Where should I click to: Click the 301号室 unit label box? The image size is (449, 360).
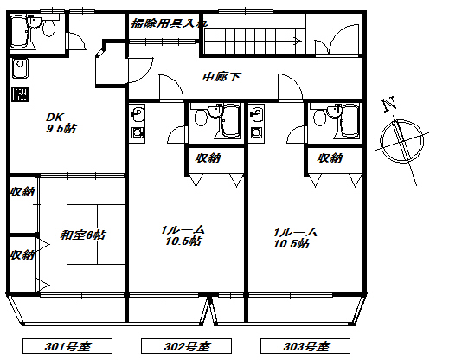tap(67, 346)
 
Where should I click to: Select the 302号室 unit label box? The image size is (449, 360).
tap(186, 346)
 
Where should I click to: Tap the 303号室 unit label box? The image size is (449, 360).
tap(305, 346)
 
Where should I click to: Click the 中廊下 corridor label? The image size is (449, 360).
tap(221, 77)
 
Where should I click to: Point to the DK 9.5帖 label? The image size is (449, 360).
tap(61, 123)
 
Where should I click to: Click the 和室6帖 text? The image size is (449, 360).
tap(83, 235)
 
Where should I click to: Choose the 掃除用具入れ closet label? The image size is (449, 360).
tap(169, 23)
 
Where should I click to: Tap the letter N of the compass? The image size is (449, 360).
tap(388, 104)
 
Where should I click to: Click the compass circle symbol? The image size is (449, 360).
tap(402, 141)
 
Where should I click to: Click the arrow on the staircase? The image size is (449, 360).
tap(298, 41)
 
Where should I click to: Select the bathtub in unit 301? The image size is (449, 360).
tap(20, 31)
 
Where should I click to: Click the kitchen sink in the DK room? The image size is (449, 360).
tap(20, 68)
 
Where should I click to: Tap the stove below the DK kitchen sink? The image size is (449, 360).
tap(20, 94)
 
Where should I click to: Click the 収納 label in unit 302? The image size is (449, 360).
tap(208, 158)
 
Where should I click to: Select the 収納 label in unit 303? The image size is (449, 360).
tap(330, 158)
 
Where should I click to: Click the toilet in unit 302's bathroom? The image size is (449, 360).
tap(201, 118)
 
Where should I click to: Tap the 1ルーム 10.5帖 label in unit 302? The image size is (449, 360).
tap(183, 235)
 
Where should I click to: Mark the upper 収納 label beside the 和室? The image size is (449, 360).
tap(22, 191)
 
